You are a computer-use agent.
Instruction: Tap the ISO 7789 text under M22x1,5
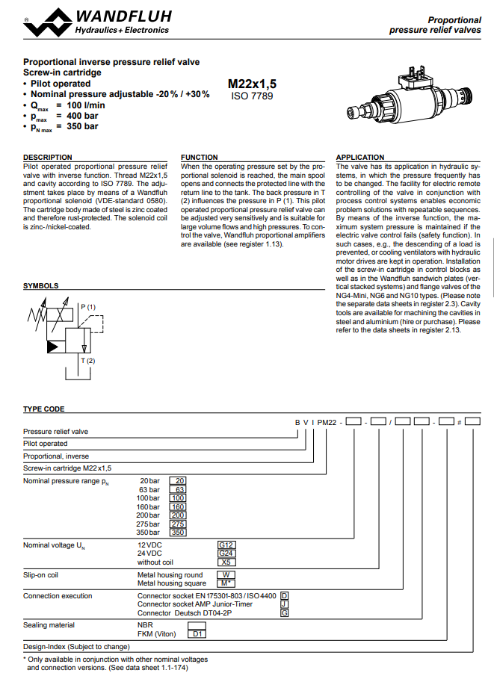click(x=252, y=96)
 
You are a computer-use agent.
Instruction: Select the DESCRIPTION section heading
click(x=48, y=157)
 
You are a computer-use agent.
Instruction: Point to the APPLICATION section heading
click(x=360, y=157)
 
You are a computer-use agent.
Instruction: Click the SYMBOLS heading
click(x=40, y=285)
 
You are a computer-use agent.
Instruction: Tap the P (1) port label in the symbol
click(x=87, y=307)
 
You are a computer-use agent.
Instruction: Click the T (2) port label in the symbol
click(x=87, y=362)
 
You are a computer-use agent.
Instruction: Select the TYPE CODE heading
click(x=43, y=409)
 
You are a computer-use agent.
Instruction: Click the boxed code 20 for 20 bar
click(x=179, y=480)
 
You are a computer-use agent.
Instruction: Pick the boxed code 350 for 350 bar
click(x=178, y=533)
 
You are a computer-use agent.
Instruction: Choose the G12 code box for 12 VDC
click(x=226, y=545)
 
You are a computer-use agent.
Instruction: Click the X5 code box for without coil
click(x=226, y=562)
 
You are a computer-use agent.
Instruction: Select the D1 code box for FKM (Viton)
click(x=197, y=633)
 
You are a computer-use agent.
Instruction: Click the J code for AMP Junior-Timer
click(x=284, y=604)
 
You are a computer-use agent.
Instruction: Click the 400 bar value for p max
click(x=83, y=116)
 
